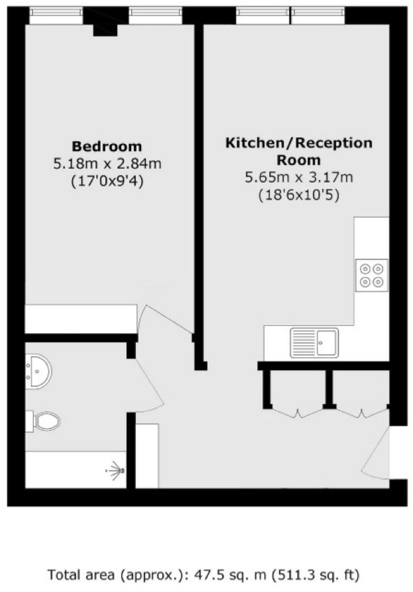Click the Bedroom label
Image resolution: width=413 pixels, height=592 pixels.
107,146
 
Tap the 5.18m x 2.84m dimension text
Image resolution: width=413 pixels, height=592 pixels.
107,164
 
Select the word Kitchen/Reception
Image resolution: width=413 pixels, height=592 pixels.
299,143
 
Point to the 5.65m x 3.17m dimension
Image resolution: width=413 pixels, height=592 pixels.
299,178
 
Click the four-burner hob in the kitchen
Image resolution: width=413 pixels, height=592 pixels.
371,275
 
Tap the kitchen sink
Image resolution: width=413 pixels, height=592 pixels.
314,343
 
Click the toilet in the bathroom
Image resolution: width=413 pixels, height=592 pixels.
44,421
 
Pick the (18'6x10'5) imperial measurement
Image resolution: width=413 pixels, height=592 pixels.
299,195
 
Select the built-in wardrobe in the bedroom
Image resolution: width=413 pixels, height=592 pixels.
81,319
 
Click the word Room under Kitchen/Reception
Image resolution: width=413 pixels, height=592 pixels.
299,160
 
